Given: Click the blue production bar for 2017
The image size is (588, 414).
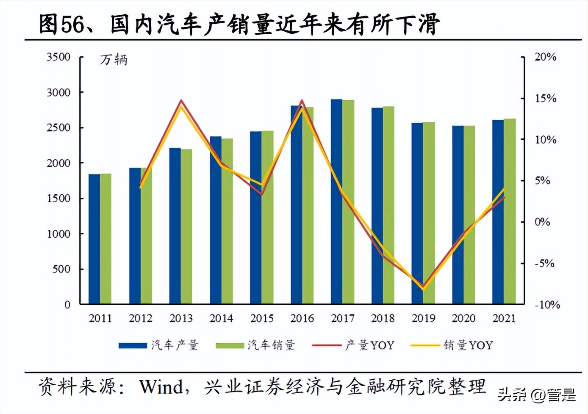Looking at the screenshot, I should pos(336,201).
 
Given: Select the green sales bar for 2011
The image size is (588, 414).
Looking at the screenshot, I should pos(105,239).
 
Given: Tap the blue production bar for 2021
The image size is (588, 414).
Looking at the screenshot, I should pos(498,212).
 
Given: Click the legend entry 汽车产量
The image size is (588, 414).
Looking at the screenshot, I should pos(158,345).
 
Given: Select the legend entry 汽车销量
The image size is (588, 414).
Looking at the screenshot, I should pos(255,345).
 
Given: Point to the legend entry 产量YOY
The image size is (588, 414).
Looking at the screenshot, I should pos(353,345).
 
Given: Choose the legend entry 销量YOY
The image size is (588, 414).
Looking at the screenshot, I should pos(452,345).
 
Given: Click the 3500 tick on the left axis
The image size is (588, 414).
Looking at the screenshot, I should pos(58,57).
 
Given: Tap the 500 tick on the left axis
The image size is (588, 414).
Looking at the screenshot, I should pos(61,269).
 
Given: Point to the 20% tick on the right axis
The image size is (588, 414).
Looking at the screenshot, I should pos(545,57).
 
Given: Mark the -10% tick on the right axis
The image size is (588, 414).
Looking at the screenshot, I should pos(547,305).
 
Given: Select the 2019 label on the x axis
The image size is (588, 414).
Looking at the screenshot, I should pos(423,318).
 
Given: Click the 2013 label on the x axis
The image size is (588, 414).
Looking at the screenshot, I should pos(181,318).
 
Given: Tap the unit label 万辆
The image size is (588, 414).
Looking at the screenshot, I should pos(114,60).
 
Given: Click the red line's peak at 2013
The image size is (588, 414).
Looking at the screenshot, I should pos(181,101).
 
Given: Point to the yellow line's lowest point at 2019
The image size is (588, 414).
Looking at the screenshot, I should pos(423,290).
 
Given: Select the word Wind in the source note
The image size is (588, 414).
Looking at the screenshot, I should pos(161,386).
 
